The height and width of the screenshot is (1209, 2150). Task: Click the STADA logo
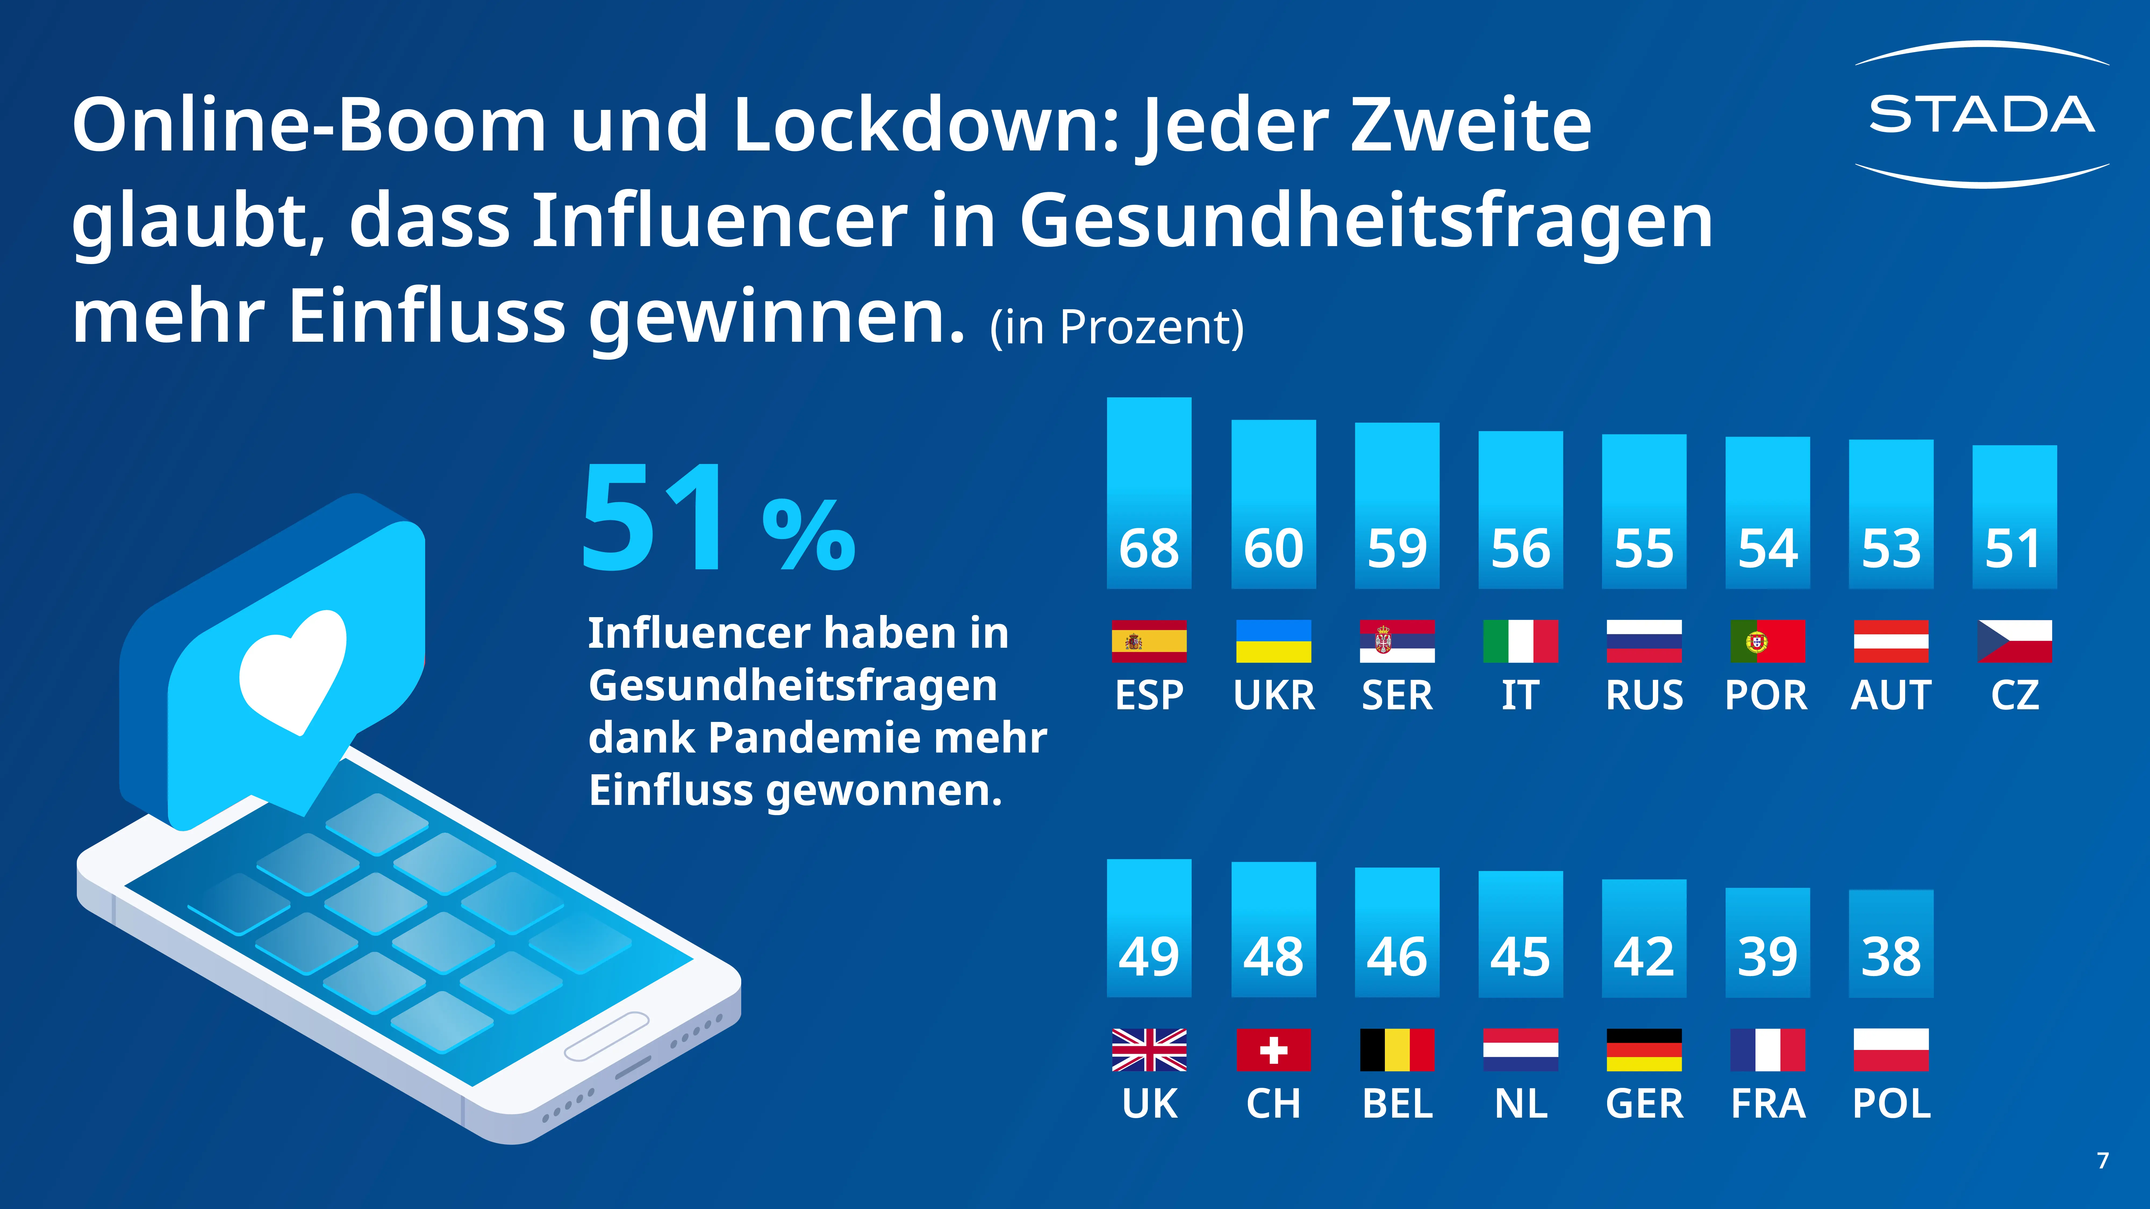1981,114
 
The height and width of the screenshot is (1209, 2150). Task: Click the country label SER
1397,695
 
